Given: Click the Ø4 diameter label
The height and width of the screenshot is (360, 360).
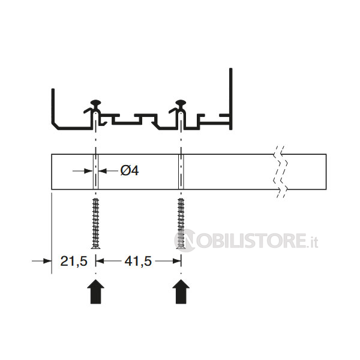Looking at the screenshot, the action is click(130, 171).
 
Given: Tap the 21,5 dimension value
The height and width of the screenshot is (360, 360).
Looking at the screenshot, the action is click(74, 261).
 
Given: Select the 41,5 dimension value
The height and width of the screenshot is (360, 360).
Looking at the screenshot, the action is click(138, 261).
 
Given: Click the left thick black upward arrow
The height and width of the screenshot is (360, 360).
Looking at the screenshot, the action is click(96, 292).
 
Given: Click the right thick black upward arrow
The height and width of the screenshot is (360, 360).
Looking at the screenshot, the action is click(181, 292).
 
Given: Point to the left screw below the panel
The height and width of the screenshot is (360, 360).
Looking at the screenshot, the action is click(95, 223).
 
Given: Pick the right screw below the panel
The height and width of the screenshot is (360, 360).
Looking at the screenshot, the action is click(181, 223).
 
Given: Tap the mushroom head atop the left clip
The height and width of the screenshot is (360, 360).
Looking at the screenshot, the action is click(96, 103).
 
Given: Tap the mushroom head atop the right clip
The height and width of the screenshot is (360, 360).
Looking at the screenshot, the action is click(181, 103).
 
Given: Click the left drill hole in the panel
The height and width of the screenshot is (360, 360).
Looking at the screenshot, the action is click(95, 172).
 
